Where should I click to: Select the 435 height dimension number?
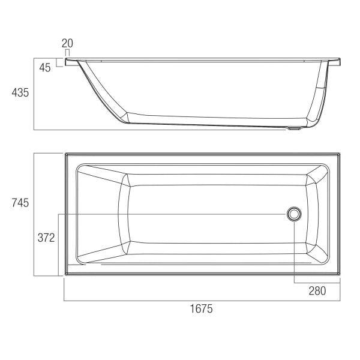click(20, 92)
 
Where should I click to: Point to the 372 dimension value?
click(47, 238)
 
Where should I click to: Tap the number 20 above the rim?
click(67, 43)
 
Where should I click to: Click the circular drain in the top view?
click(294, 214)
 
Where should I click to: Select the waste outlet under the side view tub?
click(294, 128)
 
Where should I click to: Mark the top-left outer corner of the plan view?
click(65, 153)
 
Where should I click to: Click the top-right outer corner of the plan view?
click(340, 153)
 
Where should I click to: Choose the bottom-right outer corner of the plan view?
click(340, 276)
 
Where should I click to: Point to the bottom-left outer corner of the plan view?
click(65, 276)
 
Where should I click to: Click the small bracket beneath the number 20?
click(67, 53)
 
